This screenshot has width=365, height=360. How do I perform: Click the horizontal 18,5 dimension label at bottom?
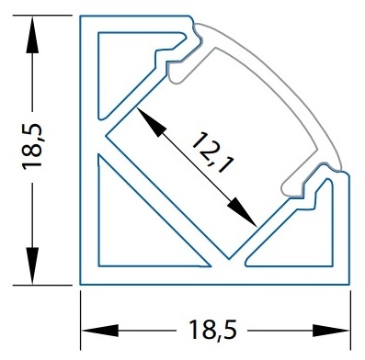click(x=213, y=330)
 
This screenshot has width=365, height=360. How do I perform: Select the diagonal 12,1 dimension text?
click(x=212, y=152)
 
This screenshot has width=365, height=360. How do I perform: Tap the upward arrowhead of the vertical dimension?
click(x=32, y=35)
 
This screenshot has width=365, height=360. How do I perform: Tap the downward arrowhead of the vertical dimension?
click(x=32, y=265)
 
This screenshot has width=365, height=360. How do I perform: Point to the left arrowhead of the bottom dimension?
click(x=100, y=331)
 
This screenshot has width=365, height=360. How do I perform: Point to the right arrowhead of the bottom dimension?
click(x=330, y=331)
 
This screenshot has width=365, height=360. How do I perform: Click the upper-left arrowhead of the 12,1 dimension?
click(x=150, y=122)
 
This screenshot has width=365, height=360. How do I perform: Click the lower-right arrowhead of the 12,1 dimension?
click(x=243, y=212)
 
